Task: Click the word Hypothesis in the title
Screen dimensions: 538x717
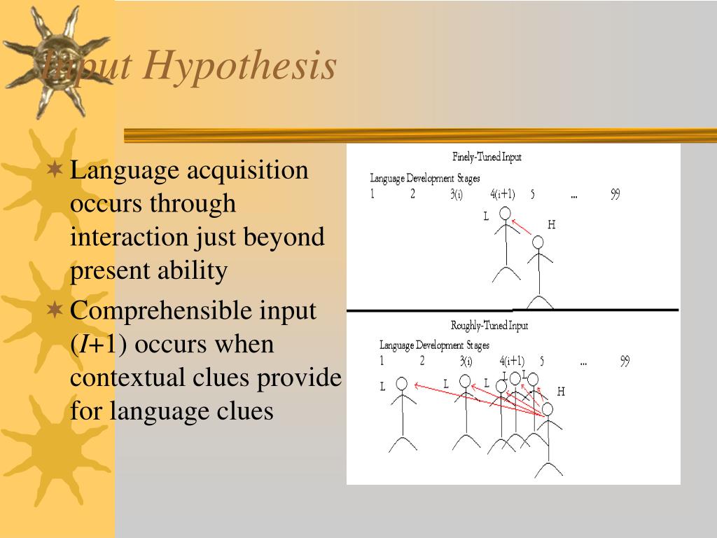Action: click(x=240, y=67)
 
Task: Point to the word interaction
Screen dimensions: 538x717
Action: click(x=128, y=237)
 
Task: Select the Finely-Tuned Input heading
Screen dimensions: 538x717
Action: click(x=487, y=157)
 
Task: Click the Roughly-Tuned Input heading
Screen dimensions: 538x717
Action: click(x=489, y=325)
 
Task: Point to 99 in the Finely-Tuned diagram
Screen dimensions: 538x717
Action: click(x=615, y=195)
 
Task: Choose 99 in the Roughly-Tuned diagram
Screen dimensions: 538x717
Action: click(x=625, y=361)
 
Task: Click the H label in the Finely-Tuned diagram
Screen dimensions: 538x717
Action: click(x=551, y=225)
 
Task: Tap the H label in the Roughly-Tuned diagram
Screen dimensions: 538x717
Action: click(x=560, y=392)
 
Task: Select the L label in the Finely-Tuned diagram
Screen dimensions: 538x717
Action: click(x=486, y=216)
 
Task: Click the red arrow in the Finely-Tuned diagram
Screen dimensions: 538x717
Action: click(x=522, y=227)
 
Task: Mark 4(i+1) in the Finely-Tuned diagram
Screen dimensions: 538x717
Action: click(x=502, y=195)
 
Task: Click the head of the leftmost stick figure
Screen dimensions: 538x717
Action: click(x=402, y=383)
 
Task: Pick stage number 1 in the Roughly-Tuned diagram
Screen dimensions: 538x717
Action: click(x=382, y=361)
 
